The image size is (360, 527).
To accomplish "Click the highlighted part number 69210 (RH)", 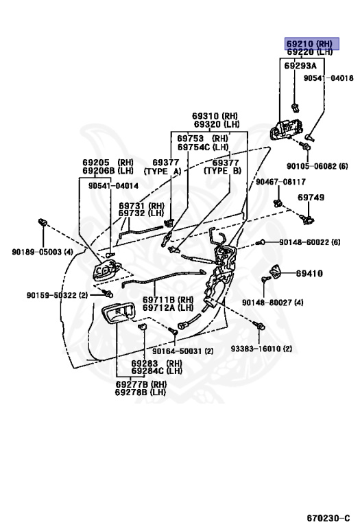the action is tap(309, 44).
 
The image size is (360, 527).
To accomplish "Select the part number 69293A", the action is tap(300, 66).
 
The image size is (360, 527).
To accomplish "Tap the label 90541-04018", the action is tap(328, 78).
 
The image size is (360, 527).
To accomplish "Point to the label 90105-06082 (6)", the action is tap(317, 166).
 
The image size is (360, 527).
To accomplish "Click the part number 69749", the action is tap(311, 198).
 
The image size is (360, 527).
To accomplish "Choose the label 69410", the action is tap(309, 274).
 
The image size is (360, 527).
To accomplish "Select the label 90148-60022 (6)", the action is tap(310, 242).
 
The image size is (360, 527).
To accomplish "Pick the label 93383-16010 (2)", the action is tap(261, 349).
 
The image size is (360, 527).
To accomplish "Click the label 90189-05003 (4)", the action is tap(43, 252).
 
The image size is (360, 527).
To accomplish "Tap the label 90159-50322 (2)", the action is tap(57, 295).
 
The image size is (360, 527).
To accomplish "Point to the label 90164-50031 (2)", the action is tap(182, 351).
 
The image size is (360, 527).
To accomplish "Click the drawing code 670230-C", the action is tap(328, 518).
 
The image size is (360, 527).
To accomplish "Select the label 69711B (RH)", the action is tap(168, 300).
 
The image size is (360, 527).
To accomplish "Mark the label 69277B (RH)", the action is tap(141, 384).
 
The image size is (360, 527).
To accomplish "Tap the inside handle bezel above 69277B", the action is tap(118, 314).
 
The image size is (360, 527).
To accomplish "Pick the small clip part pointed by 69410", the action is tap(276, 271).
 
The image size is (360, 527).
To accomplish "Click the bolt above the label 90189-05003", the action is tap(43, 222).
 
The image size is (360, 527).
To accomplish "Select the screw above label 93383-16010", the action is tap(260, 325).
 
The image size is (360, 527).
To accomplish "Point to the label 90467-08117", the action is tap(280, 182).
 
